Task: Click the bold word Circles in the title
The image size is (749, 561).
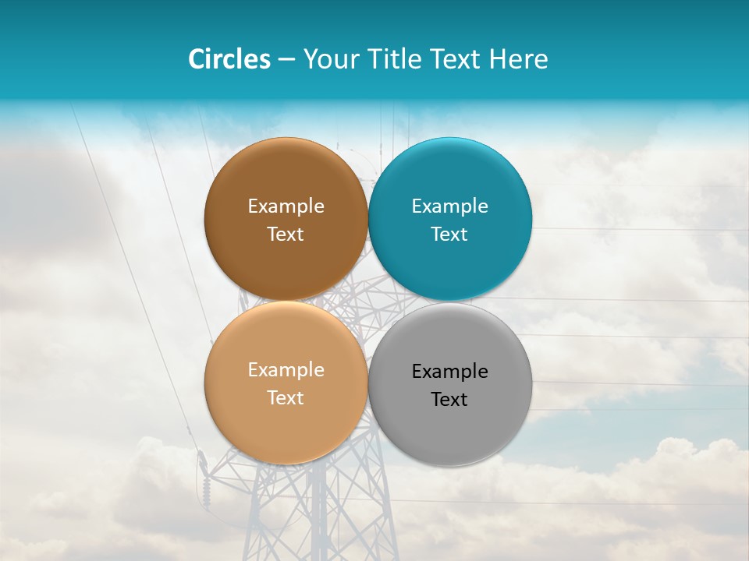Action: point(229,59)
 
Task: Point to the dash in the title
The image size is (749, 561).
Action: point(286,60)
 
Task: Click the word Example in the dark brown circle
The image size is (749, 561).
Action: point(286,206)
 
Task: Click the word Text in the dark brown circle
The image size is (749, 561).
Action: point(286,234)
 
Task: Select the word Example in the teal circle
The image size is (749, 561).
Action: point(450,206)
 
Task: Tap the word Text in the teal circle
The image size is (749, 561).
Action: point(450,234)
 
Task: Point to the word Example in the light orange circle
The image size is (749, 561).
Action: point(286,369)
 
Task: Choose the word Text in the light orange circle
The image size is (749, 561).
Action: point(286,397)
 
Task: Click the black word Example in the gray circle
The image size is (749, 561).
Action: point(450,371)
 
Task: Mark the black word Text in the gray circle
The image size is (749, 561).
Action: point(450,399)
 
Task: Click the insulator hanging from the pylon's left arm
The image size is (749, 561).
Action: point(206,486)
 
